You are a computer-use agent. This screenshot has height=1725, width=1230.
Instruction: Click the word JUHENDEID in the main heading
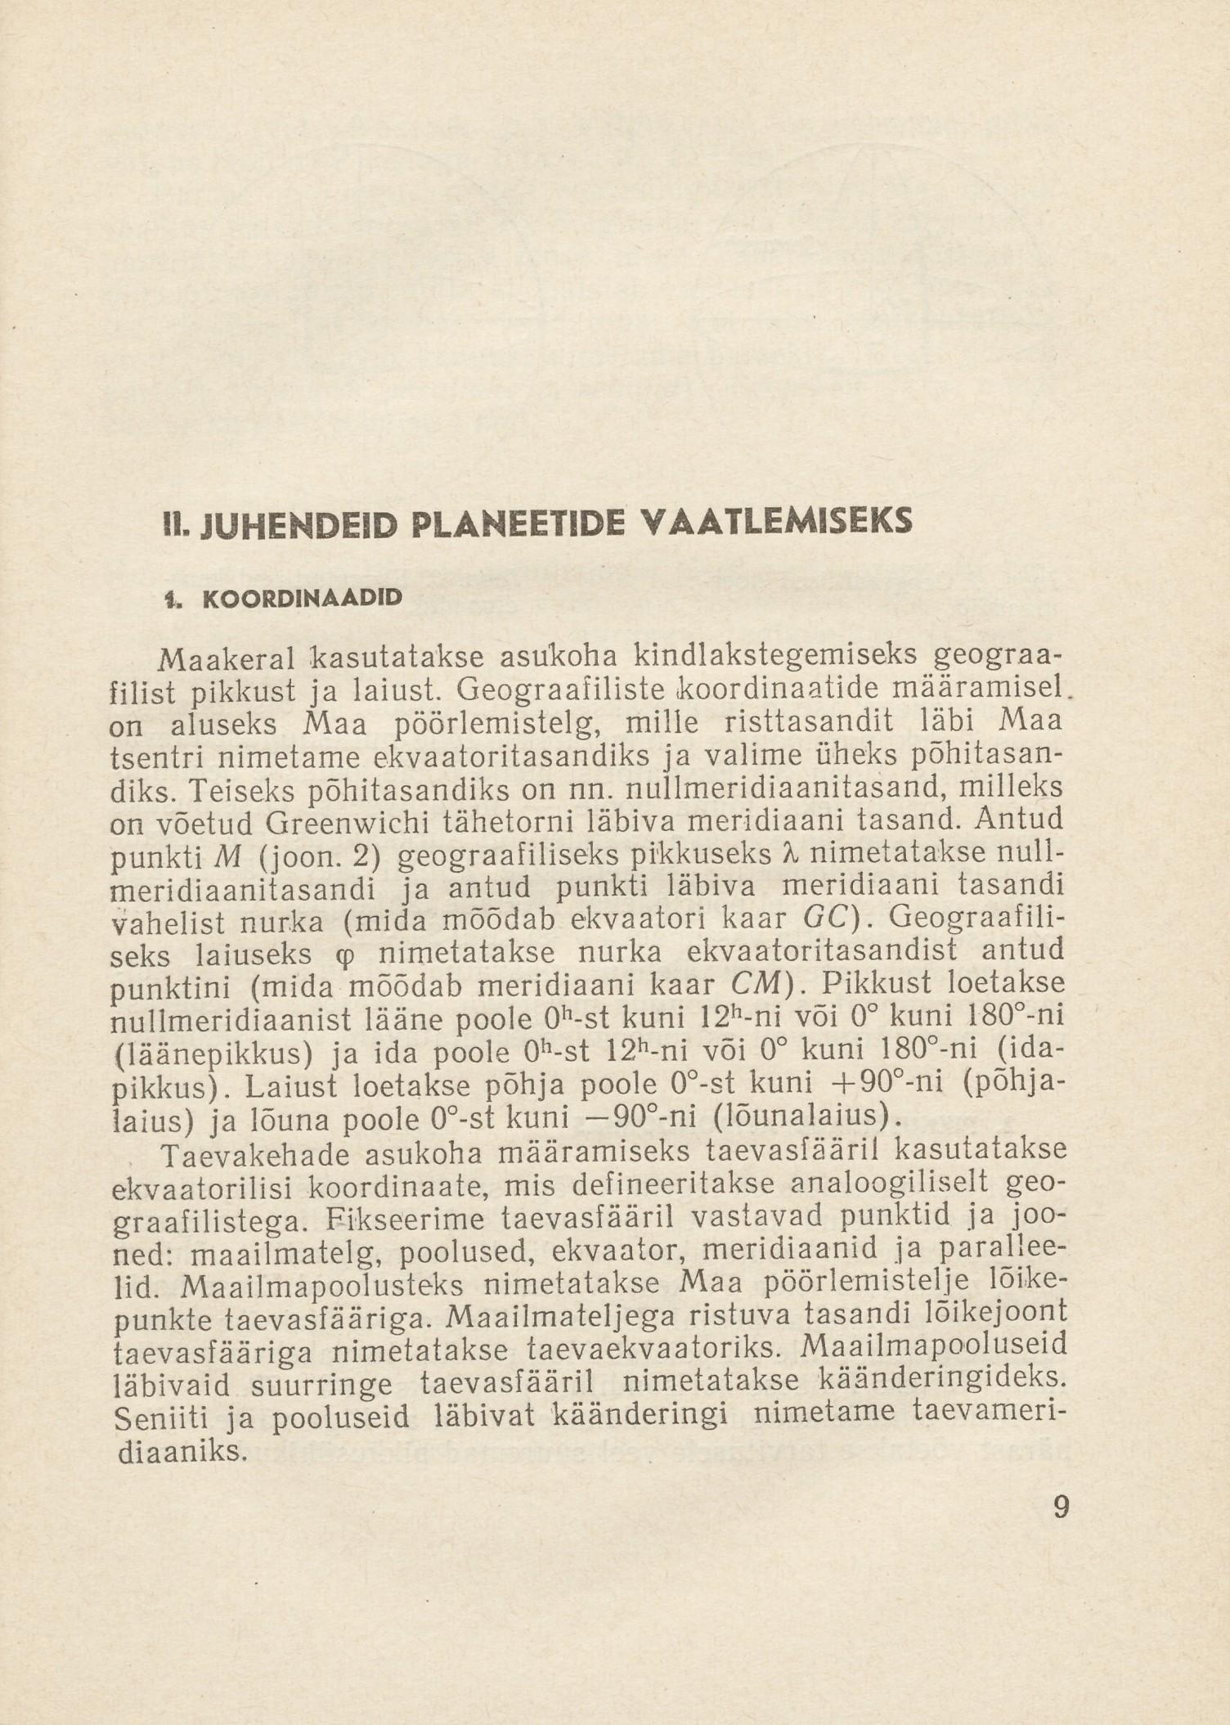(x=250, y=521)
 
